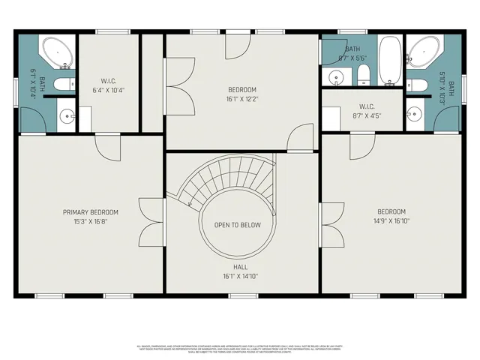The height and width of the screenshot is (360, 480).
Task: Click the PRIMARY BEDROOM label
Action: coord(90,212)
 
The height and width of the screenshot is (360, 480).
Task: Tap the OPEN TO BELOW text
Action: coord(237,225)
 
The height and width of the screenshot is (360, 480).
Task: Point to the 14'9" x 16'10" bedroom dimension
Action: coord(391,221)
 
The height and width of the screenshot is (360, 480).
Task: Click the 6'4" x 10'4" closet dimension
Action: coord(109,91)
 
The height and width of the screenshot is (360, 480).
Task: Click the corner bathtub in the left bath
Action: coord(57,52)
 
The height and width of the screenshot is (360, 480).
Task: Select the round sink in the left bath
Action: coord(67,115)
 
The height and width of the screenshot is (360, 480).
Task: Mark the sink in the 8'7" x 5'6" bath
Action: coord(336,76)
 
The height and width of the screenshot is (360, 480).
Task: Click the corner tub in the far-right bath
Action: coord(423,52)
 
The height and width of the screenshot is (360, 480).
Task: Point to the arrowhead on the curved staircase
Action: coord(190,202)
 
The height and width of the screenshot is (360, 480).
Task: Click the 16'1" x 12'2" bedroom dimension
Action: coord(241,98)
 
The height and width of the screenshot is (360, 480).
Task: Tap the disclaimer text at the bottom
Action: coord(240,349)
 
